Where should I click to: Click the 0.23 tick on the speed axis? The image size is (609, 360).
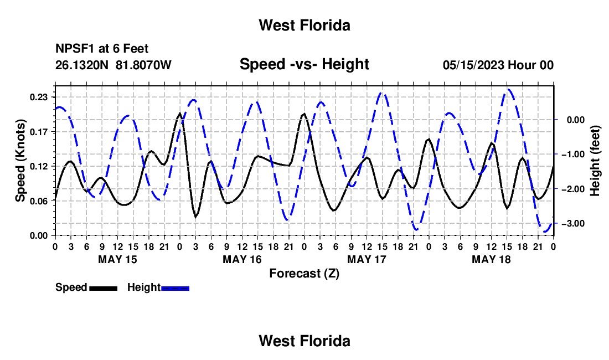(39, 97)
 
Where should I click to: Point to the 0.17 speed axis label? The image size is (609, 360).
(39, 132)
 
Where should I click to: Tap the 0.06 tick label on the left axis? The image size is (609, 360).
(39, 201)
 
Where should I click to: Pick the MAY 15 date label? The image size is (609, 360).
(118, 259)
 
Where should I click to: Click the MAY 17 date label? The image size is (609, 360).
(367, 259)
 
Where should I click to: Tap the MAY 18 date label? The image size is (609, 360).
(491, 259)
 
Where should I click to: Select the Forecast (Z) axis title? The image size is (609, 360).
(304, 274)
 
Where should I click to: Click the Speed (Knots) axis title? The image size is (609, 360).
(20, 161)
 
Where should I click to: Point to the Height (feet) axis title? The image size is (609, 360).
(595, 161)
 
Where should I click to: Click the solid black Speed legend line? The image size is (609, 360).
(104, 288)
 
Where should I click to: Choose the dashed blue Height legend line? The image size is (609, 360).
(175, 288)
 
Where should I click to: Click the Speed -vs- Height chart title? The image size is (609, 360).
(304, 64)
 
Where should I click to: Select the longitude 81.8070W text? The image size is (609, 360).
(143, 65)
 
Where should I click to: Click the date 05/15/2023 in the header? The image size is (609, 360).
(473, 65)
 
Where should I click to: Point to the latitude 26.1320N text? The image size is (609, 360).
(82, 65)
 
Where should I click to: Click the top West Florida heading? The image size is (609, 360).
(304, 25)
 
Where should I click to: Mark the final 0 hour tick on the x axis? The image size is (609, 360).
(554, 246)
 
